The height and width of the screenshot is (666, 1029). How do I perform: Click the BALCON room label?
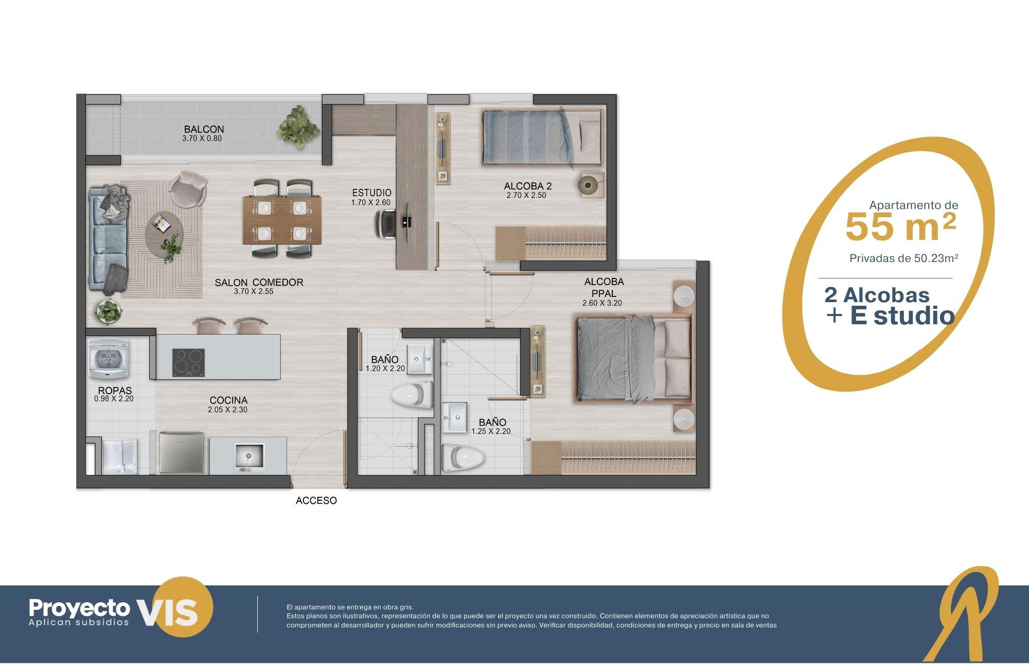[x=204, y=129]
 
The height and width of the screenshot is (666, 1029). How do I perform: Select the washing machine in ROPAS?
[x=108, y=359]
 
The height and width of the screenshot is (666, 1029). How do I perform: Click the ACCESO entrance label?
[x=316, y=500]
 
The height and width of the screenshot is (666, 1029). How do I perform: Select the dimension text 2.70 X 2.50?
[x=526, y=195]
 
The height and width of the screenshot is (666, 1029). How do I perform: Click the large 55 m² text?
[x=901, y=227]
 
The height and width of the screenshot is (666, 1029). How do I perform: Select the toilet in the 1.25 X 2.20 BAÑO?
[x=463, y=457]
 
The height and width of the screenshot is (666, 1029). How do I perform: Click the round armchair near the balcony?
[x=188, y=188]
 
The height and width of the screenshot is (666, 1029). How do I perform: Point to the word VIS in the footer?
[x=168, y=612]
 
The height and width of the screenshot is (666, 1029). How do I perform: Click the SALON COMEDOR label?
[x=259, y=282]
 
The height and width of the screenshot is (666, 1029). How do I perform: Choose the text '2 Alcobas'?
[x=877, y=295]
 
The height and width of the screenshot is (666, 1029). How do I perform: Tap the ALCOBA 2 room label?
[x=528, y=186]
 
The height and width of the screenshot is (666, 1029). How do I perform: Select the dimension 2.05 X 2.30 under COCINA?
[x=228, y=410]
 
